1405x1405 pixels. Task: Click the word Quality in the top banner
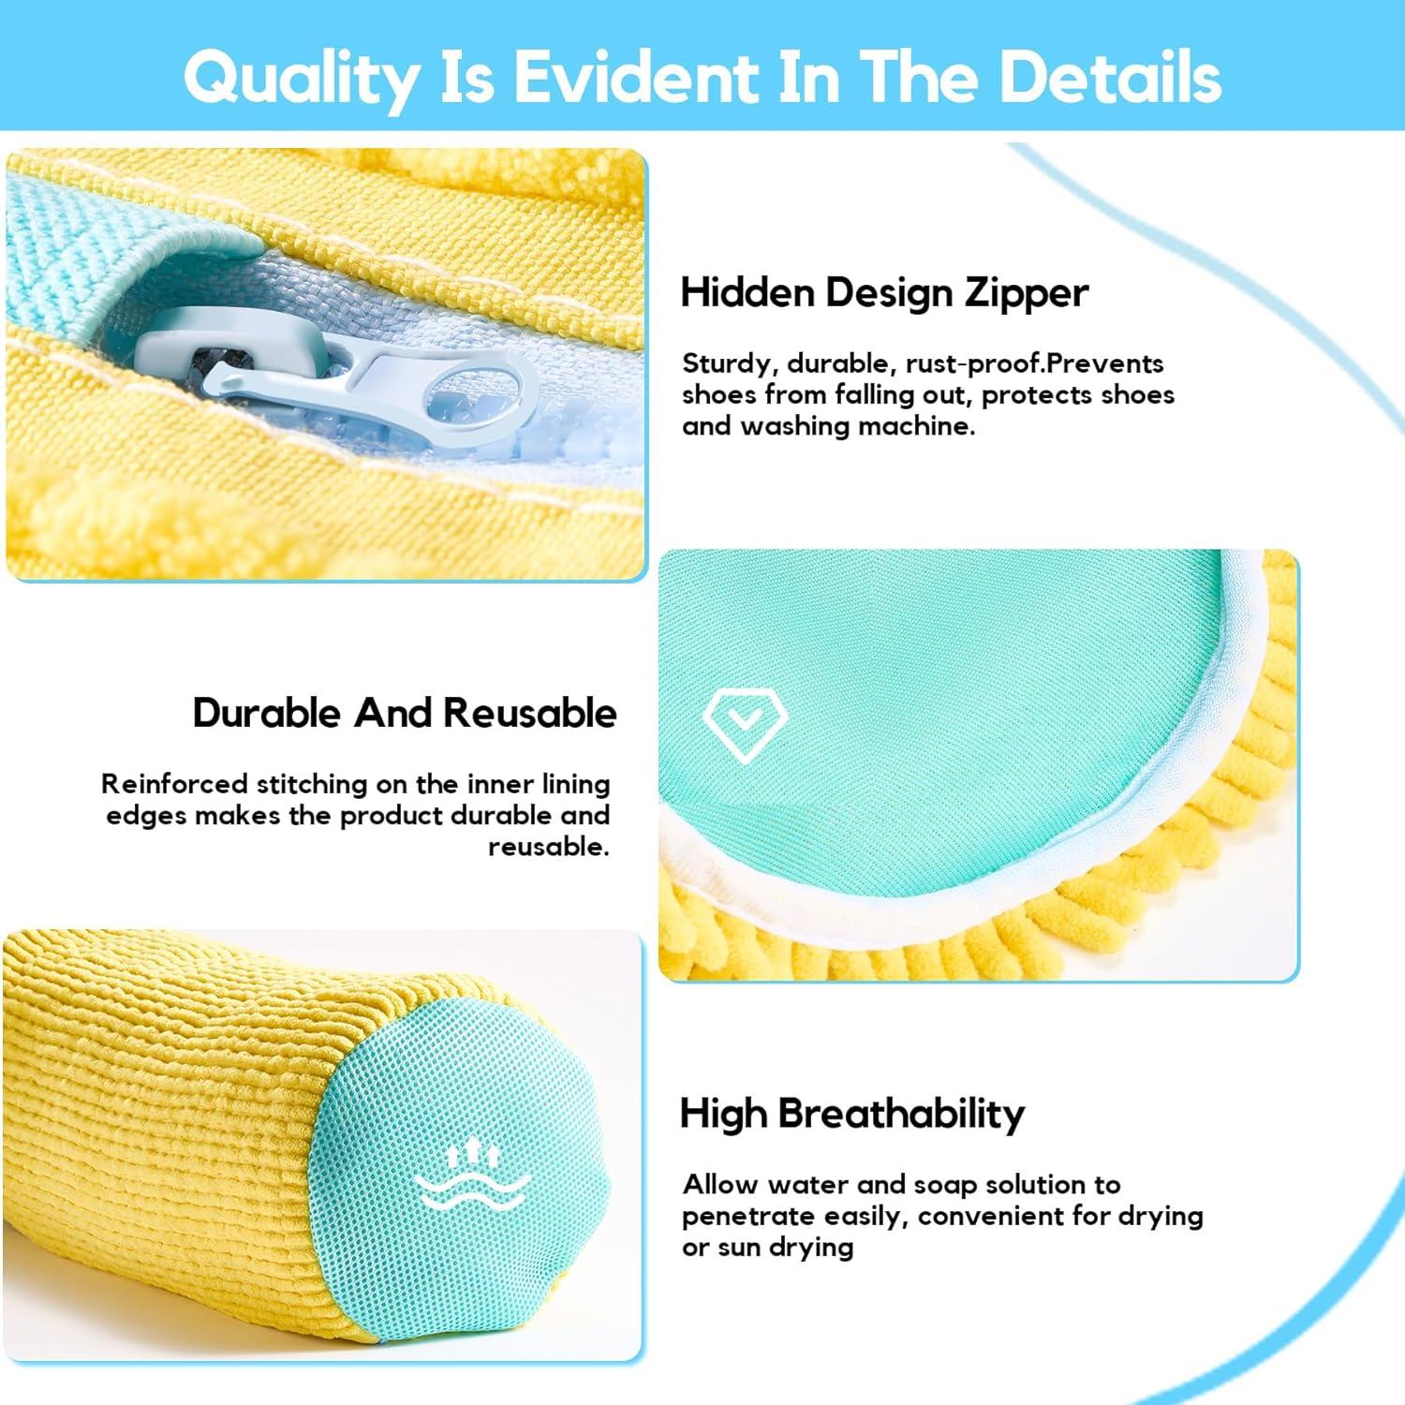302,78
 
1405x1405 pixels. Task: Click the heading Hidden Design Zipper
884,293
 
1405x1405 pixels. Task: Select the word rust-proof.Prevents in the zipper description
1034,363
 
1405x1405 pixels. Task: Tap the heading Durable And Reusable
405,713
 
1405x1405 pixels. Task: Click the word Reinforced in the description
174,783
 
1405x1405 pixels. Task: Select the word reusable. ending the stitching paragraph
549,847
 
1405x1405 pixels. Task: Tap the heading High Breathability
852,1114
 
